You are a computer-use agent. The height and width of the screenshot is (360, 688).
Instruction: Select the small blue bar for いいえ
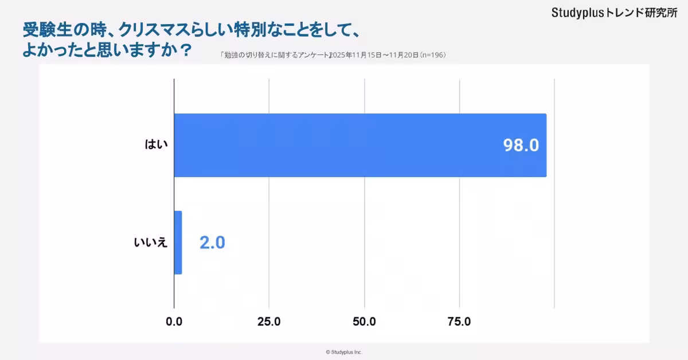(178, 242)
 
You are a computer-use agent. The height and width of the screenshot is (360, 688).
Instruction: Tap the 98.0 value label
(521, 146)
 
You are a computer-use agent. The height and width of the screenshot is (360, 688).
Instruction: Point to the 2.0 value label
(212, 242)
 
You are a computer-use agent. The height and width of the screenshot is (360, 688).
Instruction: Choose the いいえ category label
(150, 242)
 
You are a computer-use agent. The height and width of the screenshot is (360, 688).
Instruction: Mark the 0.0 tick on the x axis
(174, 322)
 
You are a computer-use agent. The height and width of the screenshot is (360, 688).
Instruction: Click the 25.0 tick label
(269, 322)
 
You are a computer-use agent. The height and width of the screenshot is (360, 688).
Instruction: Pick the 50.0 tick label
(364, 322)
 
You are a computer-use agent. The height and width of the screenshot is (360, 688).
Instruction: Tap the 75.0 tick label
(459, 322)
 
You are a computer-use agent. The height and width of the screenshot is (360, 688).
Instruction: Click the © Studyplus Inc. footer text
(344, 352)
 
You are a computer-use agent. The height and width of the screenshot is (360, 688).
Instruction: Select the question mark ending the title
(185, 50)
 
